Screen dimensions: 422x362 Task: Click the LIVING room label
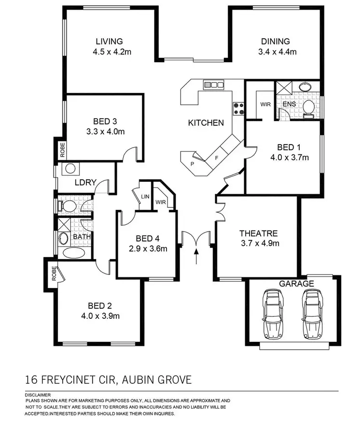point(109,41)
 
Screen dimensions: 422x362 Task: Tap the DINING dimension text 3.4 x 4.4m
point(275,52)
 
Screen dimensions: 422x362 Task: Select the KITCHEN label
point(206,123)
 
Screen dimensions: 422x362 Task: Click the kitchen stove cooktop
point(238,109)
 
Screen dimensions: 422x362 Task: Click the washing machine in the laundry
point(70,169)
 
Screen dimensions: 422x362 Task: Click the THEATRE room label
point(259,233)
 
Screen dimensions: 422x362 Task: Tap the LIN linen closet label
point(145,197)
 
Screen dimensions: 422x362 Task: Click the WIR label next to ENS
point(265,104)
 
